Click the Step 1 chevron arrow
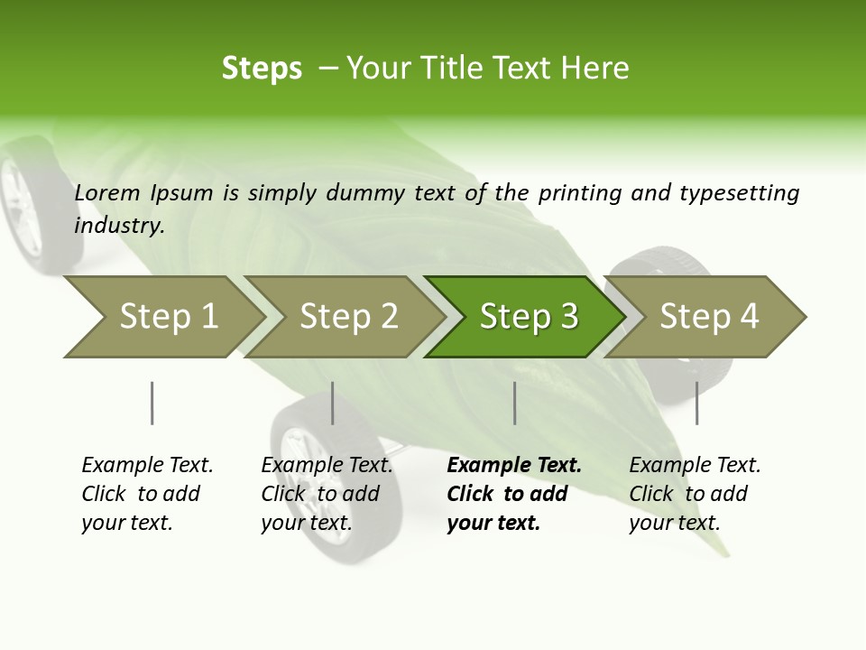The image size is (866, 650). tap(167, 317)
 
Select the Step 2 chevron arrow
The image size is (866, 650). tap(347, 317)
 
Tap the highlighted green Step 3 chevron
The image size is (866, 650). tap(528, 317)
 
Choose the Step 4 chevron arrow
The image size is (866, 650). tap(708, 317)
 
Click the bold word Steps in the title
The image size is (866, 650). tap(262, 69)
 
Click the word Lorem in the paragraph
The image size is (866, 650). tap(107, 192)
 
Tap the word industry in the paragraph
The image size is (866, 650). tap(118, 226)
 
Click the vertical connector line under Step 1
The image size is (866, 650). tap(152, 403)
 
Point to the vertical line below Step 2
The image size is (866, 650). tap(333, 403)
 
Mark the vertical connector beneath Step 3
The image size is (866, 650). tap(515, 403)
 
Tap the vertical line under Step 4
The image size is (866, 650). tap(696, 403)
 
